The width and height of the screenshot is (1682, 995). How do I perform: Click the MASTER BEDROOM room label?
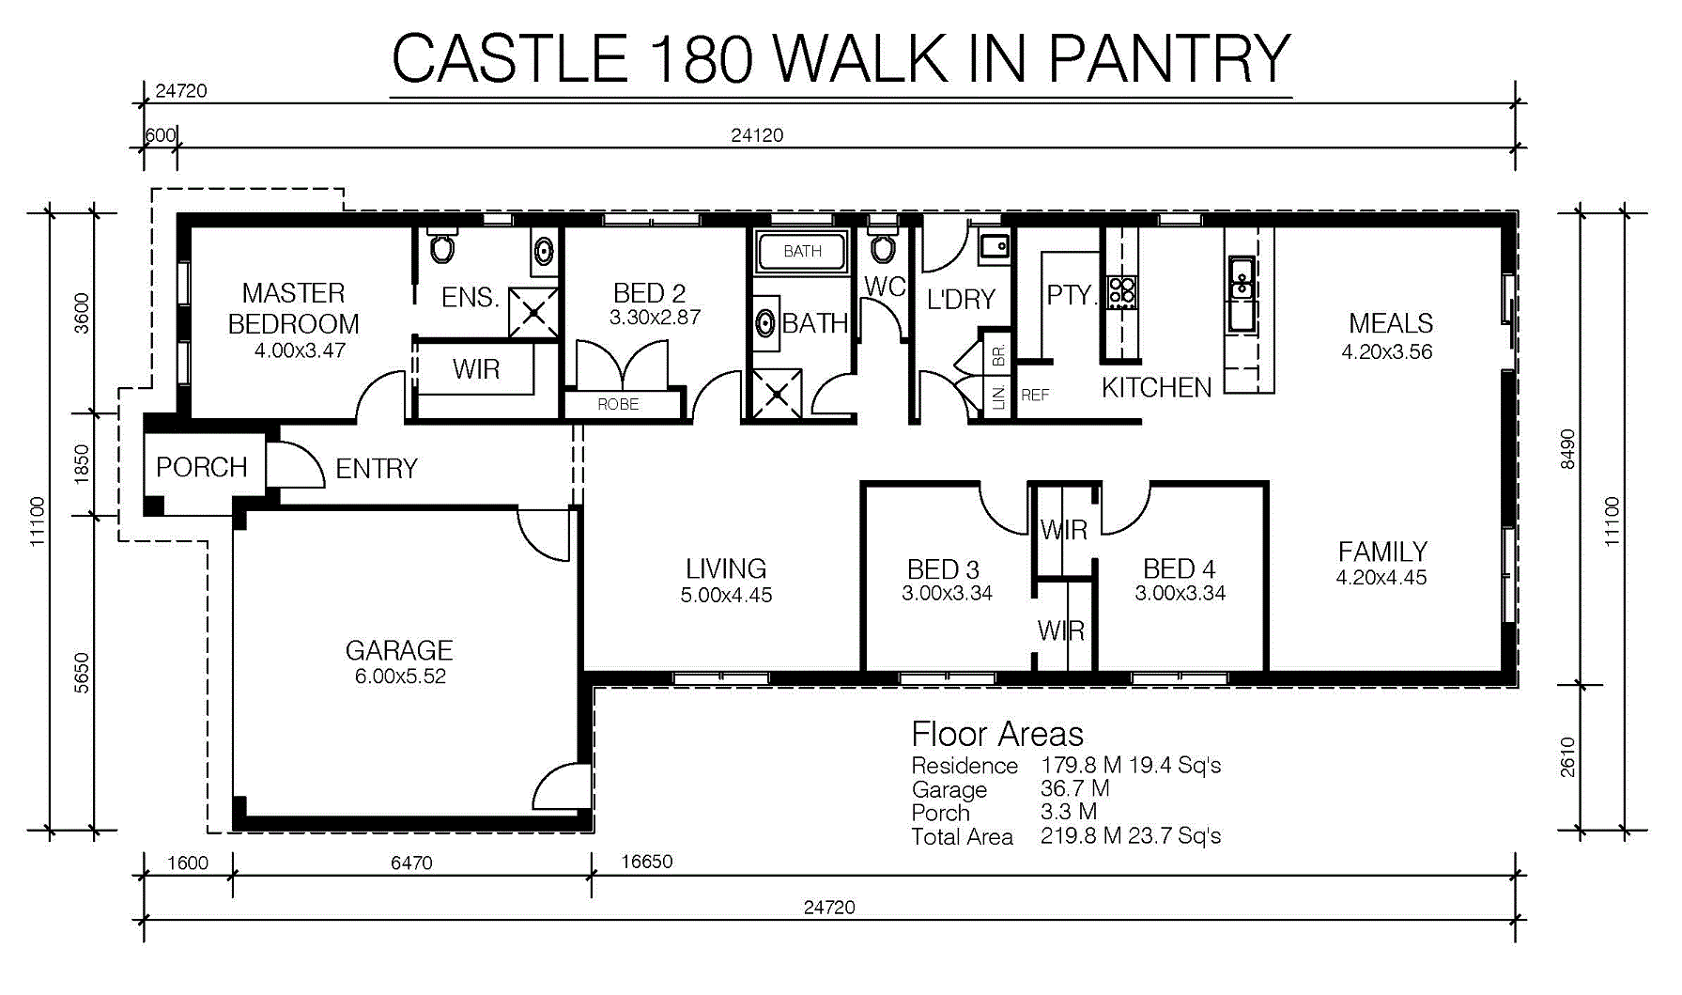(x=293, y=308)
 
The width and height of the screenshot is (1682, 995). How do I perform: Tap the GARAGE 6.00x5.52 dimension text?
(x=400, y=676)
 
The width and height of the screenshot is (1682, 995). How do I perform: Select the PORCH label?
(x=202, y=467)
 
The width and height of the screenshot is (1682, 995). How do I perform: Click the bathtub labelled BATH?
(x=802, y=251)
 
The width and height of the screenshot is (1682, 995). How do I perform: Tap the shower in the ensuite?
(x=533, y=312)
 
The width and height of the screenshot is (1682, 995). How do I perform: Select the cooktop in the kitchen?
(x=1121, y=291)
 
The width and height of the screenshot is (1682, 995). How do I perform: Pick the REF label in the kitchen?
(x=1035, y=396)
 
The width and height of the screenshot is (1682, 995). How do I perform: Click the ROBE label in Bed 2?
(x=618, y=404)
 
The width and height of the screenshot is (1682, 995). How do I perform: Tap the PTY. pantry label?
(x=1071, y=295)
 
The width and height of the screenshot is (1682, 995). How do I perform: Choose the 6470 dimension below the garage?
(x=411, y=863)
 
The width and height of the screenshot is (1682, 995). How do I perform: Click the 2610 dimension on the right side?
(x=1567, y=757)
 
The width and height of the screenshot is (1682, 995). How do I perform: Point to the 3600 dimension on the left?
(x=82, y=314)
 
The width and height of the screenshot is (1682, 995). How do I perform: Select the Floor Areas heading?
(x=997, y=734)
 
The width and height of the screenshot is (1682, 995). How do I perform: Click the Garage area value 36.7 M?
(x=1075, y=788)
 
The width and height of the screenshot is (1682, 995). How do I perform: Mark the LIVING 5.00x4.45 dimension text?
(x=727, y=595)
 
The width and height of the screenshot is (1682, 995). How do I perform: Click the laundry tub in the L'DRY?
(x=994, y=246)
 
